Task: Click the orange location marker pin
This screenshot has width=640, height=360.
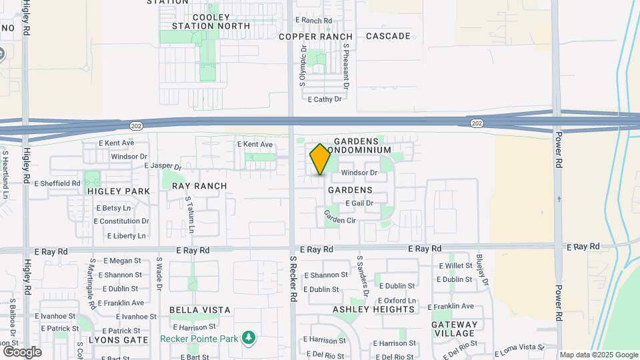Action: pyautogui.click(x=320, y=159)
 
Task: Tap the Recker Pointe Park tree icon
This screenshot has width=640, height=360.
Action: pyautogui.click(x=249, y=337)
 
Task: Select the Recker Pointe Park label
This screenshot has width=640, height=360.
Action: pyautogui.click(x=199, y=339)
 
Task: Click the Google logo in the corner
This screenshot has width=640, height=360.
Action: pyautogui.click(x=22, y=351)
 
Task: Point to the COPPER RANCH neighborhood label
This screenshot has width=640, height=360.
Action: pyautogui.click(x=315, y=37)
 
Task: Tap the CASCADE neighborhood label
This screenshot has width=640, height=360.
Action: pyautogui.click(x=388, y=36)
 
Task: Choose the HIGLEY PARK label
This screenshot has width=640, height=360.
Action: pyautogui.click(x=118, y=191)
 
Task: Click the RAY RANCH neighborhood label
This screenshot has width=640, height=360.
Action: pyautogui.click(x=199, y=186)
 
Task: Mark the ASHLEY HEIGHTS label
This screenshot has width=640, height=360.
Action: pyautogui.click(x=373, y=309)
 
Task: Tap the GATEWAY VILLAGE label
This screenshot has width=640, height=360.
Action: pyautogui.click(x=455, y=329)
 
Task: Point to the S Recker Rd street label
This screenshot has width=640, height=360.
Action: pyautogui.click(x=293, y=279)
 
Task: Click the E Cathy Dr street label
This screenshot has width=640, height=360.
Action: pyautogui.click(x=325, y=99)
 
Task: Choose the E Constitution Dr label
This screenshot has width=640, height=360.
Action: pyautogui.click(x=121, y=221)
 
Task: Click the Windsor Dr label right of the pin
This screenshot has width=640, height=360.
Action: pyautogui.click(x=359, y=173)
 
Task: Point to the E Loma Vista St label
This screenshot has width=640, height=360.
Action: pyautogui.click(x=518, y=348)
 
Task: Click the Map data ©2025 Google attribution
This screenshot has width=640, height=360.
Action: pyautogui.click(x=599, y=355)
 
